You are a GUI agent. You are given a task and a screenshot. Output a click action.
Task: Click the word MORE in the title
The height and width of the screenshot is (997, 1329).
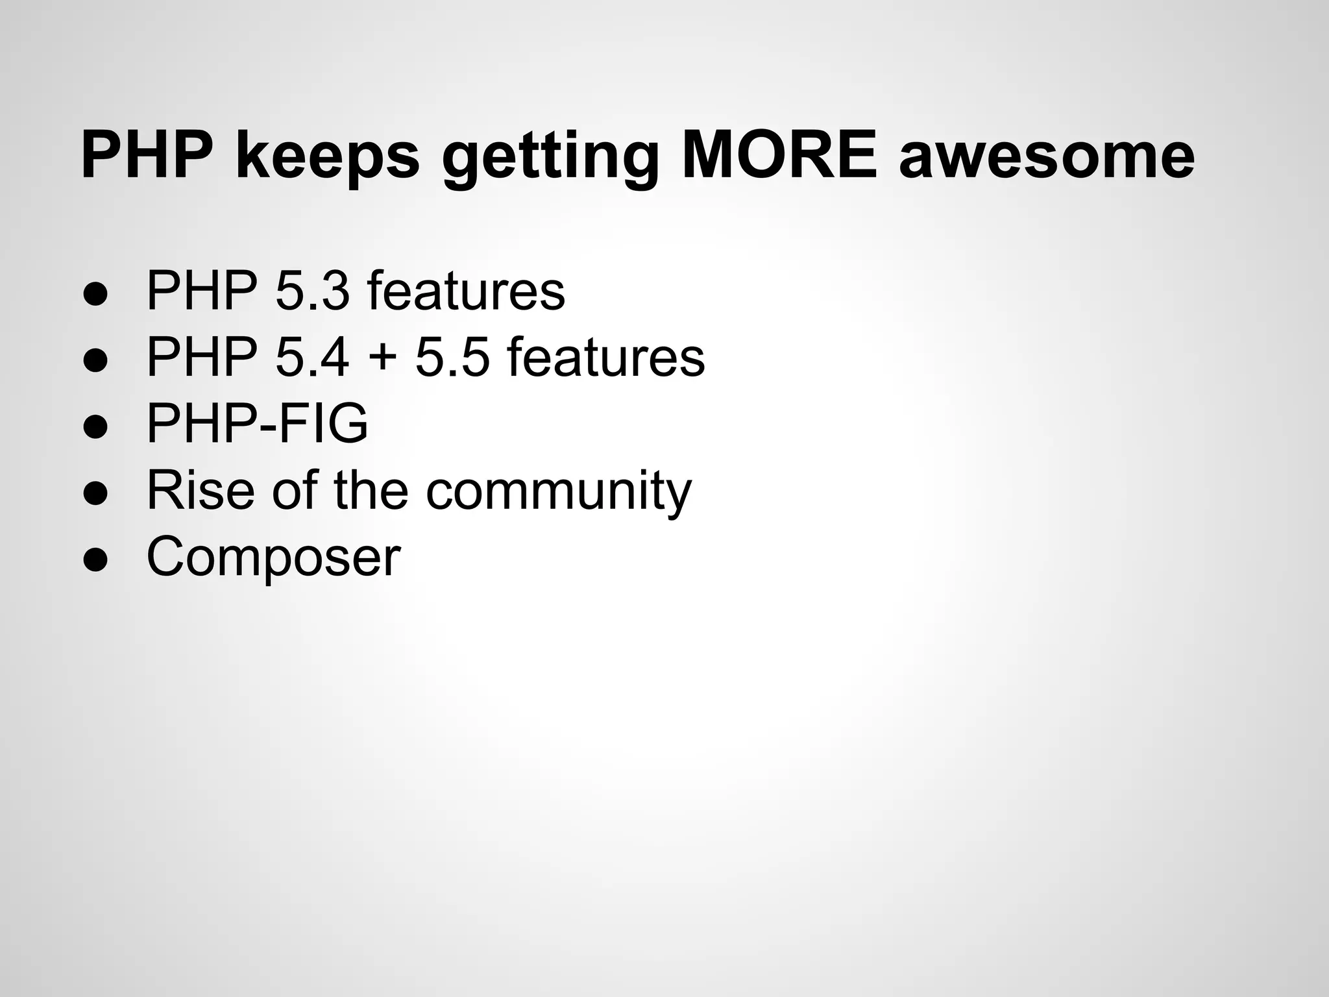click(779, 156)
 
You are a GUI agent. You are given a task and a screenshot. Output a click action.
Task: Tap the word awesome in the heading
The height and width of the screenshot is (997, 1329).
click(1046, 156)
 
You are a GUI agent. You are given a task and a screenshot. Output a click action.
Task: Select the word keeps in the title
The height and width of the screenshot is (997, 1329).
click(327, 156)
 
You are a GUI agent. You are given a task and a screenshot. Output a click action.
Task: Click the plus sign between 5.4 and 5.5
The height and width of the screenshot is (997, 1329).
click(382, 358)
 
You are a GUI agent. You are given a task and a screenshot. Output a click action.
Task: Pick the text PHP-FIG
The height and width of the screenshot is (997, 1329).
click(257, 423)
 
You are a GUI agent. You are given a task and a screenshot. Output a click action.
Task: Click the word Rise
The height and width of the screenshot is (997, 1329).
click(200, 489)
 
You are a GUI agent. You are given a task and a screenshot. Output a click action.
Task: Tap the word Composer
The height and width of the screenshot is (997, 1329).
click(273, 557)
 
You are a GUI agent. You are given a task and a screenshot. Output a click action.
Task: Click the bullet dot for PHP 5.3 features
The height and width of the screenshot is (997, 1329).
click(95, 292)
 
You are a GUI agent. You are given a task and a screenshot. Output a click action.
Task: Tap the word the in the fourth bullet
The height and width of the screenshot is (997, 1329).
click(371, 489)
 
